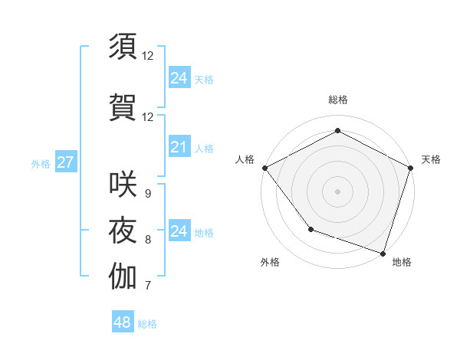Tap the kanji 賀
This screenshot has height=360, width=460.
[123, 106]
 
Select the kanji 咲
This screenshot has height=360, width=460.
[123, 184]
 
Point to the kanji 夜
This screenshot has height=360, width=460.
[123, 230]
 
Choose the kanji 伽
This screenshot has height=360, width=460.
[123, 277]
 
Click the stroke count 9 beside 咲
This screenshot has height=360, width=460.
[147, 194]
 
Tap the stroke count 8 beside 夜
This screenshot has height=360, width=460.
[147, 240]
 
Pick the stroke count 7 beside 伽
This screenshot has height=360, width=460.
[147, 286]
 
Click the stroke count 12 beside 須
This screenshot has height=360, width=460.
[147, 55]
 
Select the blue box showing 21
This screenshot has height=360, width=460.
[179, 148]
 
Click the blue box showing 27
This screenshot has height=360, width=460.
[65, 162]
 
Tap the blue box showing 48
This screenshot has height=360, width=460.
[122, 322]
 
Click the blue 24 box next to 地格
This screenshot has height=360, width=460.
[179, 231]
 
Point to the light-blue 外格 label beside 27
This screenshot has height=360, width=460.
[41, 163]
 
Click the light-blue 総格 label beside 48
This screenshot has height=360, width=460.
[147, 324]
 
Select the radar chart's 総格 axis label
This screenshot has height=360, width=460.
[337, 100]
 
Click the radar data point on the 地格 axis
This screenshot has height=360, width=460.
[383, 252]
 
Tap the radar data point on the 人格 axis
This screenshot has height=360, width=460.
[264, 167]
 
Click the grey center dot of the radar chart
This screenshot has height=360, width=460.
[337, 191]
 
